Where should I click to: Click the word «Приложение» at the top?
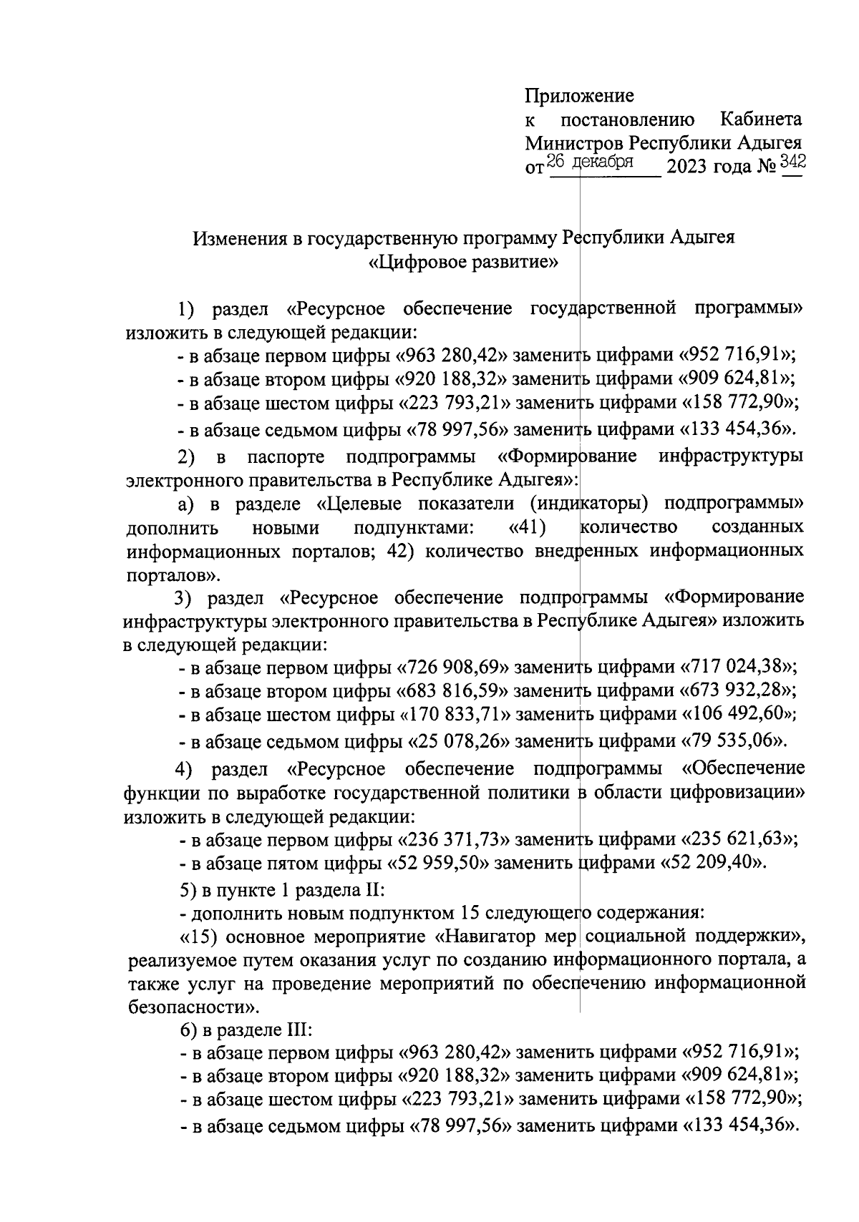[579, 96]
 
